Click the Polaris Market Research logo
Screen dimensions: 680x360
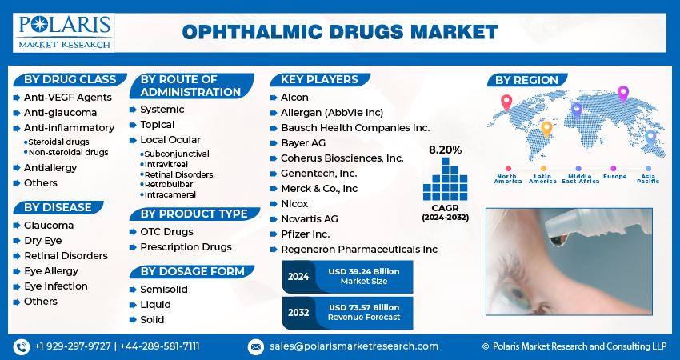(64, 33)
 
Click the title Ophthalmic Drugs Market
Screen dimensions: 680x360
(340, 33)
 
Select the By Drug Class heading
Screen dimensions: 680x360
(70, 79)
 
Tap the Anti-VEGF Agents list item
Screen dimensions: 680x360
(68, 97)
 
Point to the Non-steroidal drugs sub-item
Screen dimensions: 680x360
(68, 152)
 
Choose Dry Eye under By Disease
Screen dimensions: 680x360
(43, 241)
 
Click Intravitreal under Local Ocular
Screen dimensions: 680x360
(166, 164)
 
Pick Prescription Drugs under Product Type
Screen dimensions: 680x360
(186, 246)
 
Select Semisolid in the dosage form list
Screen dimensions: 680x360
(164, 290)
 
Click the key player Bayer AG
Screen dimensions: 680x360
(303, 143)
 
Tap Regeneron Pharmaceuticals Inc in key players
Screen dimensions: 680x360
(359, 250)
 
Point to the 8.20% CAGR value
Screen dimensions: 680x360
(446, 150)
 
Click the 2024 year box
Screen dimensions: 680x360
(298, 277)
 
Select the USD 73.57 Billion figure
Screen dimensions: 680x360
(364, 307)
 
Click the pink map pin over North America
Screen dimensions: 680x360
(506, 103)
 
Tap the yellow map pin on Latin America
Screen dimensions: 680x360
(546, 130)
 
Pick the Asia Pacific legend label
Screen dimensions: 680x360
(648, 178)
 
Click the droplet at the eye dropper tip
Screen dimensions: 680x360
(555, 240)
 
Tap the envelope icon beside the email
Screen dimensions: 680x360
(256, 347)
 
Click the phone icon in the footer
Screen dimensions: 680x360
(22, 347)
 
